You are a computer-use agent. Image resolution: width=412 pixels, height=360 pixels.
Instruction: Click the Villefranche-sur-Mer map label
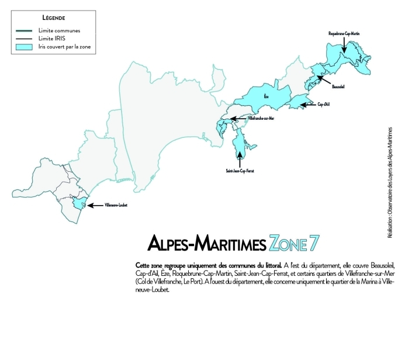[261, 119]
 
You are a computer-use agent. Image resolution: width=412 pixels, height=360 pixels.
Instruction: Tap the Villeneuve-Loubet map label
[116, 205]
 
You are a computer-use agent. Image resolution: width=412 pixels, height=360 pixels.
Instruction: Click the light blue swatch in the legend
[24, 46]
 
